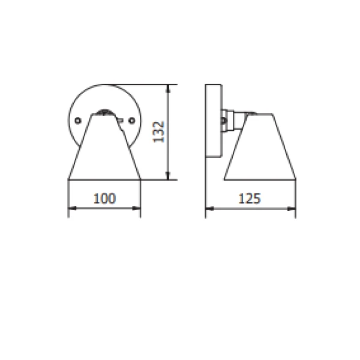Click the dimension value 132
(158, 132)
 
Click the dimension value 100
(104, 199)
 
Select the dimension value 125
(250, 199)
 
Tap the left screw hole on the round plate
(78, 121)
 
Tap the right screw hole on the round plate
(132, 121)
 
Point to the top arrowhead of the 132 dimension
(168, 88)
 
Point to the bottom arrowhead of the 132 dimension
(168, 176)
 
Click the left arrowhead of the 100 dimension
(73, 208)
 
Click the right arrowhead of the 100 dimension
(136, 208)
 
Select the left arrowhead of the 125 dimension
(209, 209)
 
